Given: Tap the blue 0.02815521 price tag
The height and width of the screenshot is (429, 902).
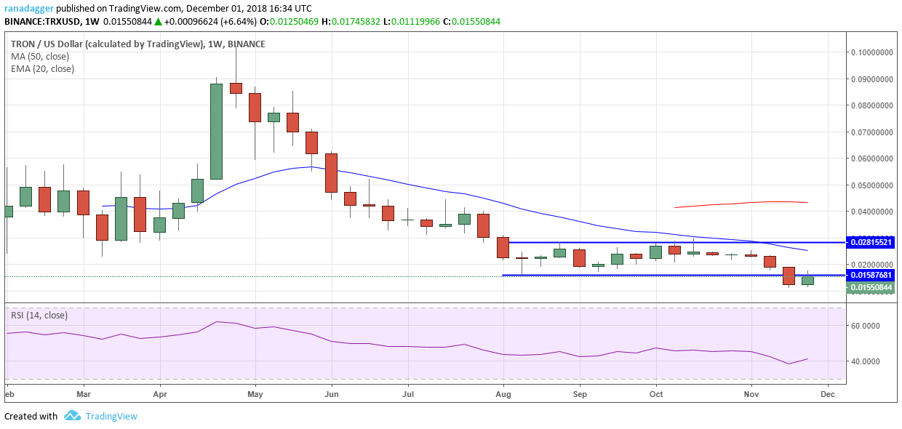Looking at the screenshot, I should pos(873,241).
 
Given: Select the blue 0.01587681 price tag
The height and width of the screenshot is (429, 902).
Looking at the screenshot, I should pos(873,275).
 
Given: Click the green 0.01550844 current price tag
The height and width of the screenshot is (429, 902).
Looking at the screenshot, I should pos(873,287).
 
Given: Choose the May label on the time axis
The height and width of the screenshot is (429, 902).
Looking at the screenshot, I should pos(255,393).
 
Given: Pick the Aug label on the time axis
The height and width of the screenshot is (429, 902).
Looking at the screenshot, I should pos(503,393).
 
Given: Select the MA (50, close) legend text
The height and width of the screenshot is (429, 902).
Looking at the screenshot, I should pos(40,56).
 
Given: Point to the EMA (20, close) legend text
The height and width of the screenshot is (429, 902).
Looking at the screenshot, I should pos(42,69).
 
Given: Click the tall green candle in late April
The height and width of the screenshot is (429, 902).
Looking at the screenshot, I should pos(216,131).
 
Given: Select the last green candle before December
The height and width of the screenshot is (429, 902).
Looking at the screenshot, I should pos(807,280).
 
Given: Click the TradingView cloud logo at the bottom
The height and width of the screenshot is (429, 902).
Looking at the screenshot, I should pos(71,416).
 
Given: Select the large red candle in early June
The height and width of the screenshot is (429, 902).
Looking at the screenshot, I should pos(331,172).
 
